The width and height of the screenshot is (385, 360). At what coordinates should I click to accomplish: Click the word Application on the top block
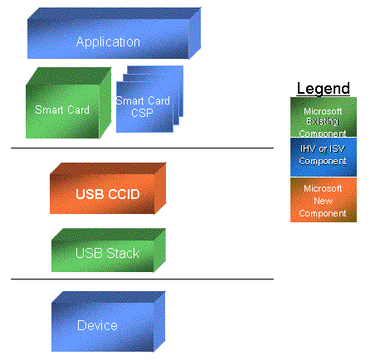pos(108,42)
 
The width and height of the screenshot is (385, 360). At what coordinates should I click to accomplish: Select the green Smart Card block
pos(69,103)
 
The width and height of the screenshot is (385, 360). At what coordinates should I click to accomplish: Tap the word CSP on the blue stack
pos(142,113)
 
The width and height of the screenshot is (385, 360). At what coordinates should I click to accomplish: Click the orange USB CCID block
pos(108,188)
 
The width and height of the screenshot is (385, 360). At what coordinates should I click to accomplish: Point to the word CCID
pos(124,194)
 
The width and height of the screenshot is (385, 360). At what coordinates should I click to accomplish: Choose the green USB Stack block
pos(109,251)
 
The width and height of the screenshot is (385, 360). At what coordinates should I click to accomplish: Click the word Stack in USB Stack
pos(123,253)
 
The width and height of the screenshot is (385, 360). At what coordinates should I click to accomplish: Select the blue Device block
pos(109,321)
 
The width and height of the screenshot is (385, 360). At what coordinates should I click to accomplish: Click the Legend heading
pos(324,89)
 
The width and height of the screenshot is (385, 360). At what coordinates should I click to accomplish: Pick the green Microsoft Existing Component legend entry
pos(324,117)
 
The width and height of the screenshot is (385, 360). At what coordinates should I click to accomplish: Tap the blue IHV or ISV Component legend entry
pos(324,157)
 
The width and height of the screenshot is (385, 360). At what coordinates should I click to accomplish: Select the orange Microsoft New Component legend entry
pos(324,200)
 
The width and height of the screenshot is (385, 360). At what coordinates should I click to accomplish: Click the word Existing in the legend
pos(323,121)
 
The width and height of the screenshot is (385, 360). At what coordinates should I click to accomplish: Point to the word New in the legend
pos(324,201)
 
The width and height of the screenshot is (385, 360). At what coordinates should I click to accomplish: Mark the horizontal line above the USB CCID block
pos(142,148)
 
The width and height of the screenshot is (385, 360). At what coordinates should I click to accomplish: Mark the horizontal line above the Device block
pos(142,280)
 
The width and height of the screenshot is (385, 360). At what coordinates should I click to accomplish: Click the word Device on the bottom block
pos(97,325)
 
